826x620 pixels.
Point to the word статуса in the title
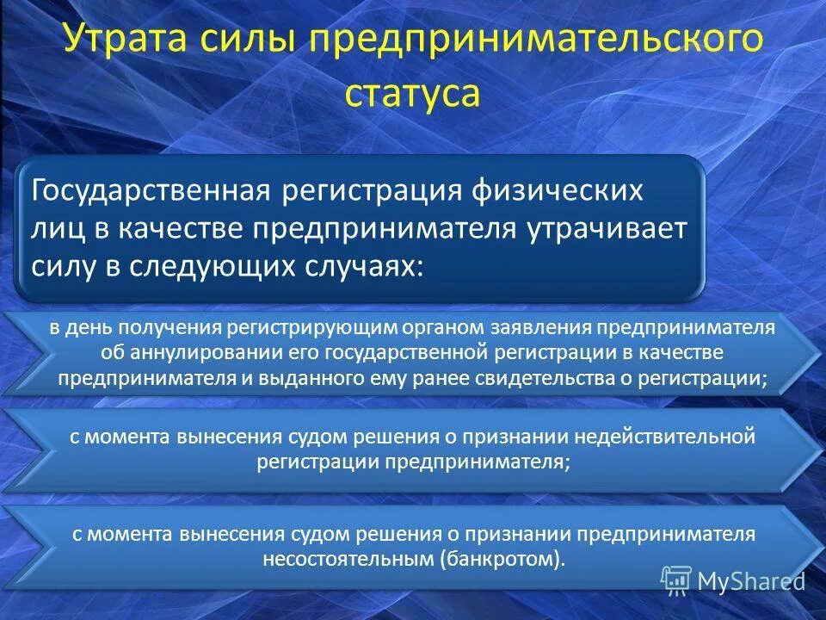[x=412, y=92]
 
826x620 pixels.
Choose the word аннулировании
[x=193, y=353]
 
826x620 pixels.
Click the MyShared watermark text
[x=750, y=581]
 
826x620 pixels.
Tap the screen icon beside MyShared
[x=676, y=580]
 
